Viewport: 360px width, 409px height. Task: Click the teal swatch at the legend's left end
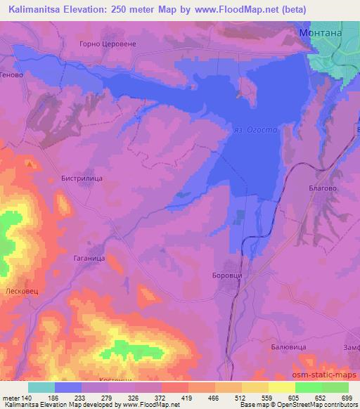pyautogui.click(x=41, y=387)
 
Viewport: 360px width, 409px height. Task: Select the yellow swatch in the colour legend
pyautogui.click(x=281, y=387)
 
